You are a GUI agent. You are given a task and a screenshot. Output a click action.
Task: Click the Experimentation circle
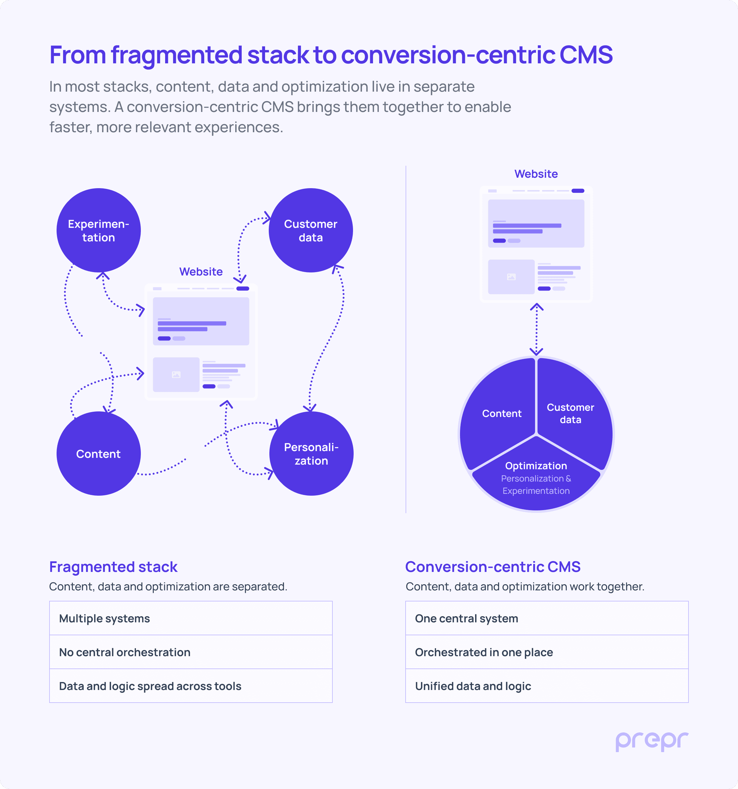click(x=98, y=230)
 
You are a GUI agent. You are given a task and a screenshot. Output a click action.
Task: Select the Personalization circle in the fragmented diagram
click(x=311, y=454)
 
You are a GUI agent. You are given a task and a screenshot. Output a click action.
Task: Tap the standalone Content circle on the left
click(x=98, y=454)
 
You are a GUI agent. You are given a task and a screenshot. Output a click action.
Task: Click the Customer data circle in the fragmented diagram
click(x=311, y=230)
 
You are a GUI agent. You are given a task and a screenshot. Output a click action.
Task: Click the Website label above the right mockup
click(x=536, y=174)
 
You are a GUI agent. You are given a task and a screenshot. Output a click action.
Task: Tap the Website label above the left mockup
click(x=201, y=272)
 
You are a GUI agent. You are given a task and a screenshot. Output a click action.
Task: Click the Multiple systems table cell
click(x=191, y=618)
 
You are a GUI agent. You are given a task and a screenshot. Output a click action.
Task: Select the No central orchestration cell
click(x=191, y=652)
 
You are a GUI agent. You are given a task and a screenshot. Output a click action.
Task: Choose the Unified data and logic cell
click(x=547, y=686)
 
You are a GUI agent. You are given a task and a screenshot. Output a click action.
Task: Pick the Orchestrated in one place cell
click(x=547, y=652)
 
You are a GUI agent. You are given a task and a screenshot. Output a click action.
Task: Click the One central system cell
click(x=547, y=618)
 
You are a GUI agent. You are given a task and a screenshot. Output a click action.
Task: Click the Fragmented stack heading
click(x=113, y=567)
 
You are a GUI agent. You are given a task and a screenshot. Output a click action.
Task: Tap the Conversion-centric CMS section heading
click(x=493, y=567)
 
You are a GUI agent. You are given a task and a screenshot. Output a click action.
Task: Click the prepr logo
click(x=652, y=741)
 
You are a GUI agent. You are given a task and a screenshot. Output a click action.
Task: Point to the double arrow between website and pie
click(x=536, y=329)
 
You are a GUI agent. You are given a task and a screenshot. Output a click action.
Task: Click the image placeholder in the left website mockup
click(x=176, y=375)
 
